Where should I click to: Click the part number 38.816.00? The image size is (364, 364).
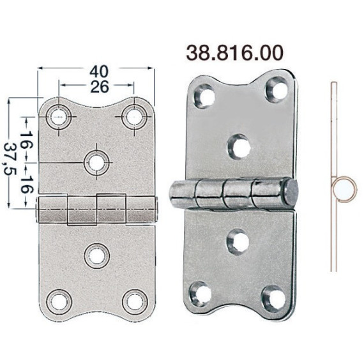[x=235, y=53]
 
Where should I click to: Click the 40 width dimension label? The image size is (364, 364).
[x=99, y=72]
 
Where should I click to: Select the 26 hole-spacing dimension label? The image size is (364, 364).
[x=100, y=87]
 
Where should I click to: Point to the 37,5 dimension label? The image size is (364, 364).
[x=10, y=158]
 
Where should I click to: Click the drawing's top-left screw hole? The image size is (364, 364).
[x=59, y=116]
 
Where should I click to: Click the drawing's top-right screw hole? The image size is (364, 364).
[x=134, y=116]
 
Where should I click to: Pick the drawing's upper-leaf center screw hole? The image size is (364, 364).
[x=96, y=163]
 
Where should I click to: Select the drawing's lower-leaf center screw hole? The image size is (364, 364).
[x=97, y=256]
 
